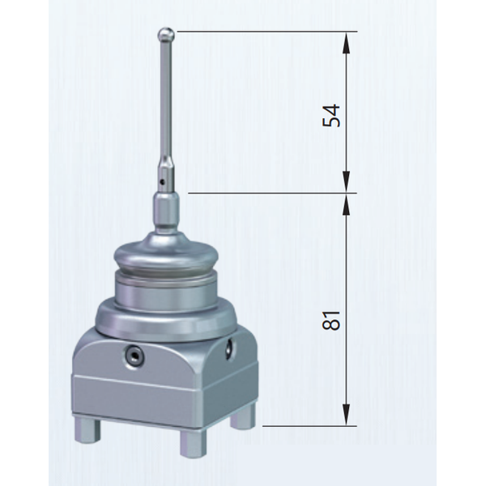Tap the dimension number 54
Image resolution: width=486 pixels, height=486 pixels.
tap(331, 116)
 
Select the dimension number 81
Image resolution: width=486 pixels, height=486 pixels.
tap(331, 320)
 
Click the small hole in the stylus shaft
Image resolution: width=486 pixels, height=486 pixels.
tap(161, 182)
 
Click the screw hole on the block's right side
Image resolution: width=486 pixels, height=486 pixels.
tap(230, 348)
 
